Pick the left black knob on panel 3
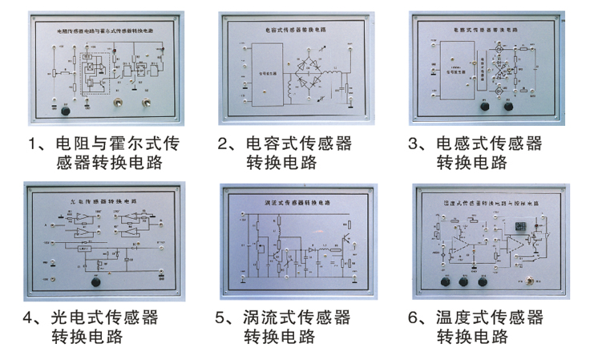tap(484, 106)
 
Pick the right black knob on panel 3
tap(509, 106)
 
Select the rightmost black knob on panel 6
tap(483, 281)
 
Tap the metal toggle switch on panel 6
tap(530, 280)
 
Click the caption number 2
tap(224, 145)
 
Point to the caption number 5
tap(223, 318)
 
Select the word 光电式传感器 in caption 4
tap(105, 318)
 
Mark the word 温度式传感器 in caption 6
tap(489, 318)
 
